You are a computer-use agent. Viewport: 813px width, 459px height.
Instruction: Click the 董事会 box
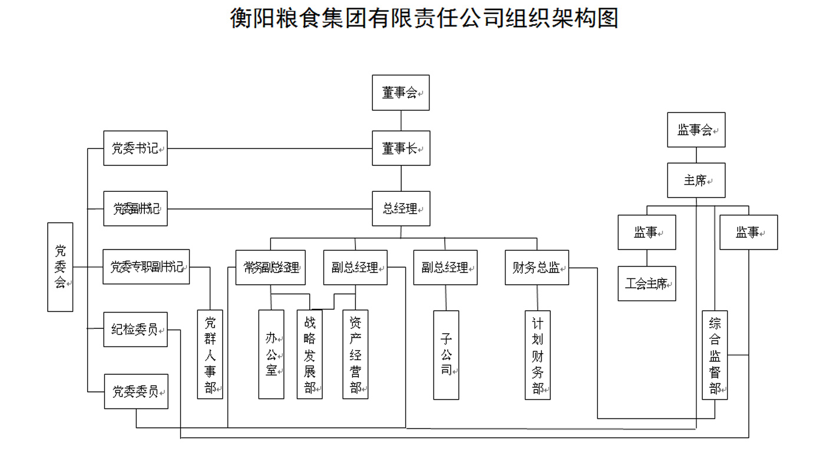[x=401, y=92]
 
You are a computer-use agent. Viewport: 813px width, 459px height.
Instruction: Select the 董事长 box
[x=401, y=148]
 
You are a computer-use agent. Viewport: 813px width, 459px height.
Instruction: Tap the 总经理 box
[x=401, y=208]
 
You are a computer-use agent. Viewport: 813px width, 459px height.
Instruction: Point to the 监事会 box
[x=696, y=130]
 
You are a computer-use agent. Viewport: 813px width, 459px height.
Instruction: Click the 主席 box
[x=696, y=180]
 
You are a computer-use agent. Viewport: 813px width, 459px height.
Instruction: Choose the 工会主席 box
[x=646, y=284]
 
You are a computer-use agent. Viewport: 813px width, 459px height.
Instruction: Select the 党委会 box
[x=60, y=267]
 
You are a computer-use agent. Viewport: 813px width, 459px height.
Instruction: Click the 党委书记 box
[x=135, y=148]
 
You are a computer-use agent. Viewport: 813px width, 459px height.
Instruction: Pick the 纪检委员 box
[x=135, y=330]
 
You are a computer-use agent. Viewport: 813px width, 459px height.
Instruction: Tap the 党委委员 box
[x=136, y=391]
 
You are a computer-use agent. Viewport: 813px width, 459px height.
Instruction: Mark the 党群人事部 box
[x=210, y=354]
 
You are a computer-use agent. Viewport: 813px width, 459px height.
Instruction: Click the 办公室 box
[x=271, y=354]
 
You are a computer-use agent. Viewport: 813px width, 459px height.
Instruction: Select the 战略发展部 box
[x=310, y=354]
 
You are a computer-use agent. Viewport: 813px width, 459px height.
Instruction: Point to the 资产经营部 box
[x=355, y=354]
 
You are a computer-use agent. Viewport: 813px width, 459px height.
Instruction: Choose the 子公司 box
[x=446, y=355]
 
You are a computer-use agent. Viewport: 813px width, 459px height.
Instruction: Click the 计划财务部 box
[x=537, y=355]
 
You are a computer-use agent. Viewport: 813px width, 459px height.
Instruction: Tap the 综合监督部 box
[x=715, y=355]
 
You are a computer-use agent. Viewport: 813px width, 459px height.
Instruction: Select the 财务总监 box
[x=537, y=268]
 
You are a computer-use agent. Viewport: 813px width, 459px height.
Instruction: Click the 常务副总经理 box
[x=271, y=268]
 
